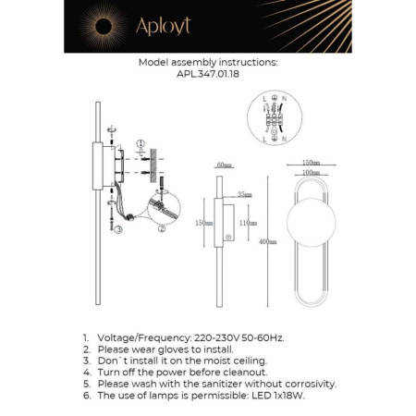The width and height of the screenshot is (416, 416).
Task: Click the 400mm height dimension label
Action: (267, 242)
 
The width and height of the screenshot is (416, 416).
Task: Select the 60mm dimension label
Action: (222, 165)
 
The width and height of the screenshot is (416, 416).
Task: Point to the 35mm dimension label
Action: (244, 195)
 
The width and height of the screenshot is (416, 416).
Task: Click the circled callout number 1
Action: (141, 143)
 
